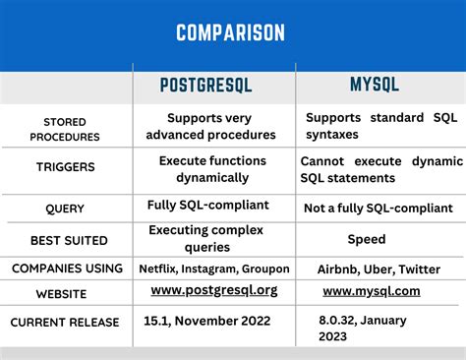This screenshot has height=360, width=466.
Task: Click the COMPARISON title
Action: click(231, 33)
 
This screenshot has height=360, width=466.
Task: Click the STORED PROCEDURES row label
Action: click(64, 129)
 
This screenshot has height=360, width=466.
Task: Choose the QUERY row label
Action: click(65, 209)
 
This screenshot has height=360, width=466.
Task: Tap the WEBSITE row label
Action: click(65, 294)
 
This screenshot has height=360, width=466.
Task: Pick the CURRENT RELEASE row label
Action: click(65, 322)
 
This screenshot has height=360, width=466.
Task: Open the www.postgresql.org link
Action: click(214, 291)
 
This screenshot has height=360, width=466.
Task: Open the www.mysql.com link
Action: click(371, 291)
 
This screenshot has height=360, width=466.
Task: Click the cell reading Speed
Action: click(366, 239)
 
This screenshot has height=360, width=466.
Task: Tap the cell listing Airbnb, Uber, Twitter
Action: click(378, 268)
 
